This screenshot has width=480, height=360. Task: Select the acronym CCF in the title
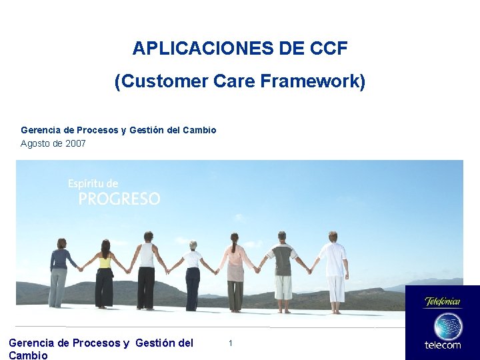(x=329, y=49)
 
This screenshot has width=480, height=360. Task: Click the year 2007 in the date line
(x=75, y=143)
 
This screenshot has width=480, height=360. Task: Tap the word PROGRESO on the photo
(x=119, y=199)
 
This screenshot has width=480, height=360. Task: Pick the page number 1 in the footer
(x=230, y=343)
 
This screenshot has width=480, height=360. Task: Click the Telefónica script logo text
(x=443, y=301)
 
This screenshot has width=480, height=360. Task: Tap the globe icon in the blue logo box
(x=447, y=327)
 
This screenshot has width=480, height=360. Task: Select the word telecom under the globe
(x=443, y=345)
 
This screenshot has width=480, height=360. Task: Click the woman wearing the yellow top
(x=104, y=273)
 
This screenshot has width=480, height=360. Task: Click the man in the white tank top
(x=147, y=270)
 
